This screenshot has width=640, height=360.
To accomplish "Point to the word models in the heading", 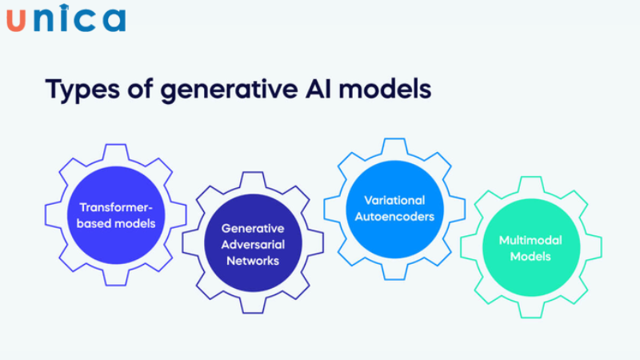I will tap(390, 89).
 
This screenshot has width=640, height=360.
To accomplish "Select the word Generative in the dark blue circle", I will tap(252, 229).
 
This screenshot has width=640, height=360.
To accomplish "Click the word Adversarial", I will tap(252, 244).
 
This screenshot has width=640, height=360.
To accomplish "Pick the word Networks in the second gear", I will tap(252, 260).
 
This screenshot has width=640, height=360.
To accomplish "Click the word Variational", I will tap(394, 200).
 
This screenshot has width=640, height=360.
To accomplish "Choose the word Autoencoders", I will tap(394, 216).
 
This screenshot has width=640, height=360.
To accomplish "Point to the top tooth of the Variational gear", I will tap(394, 145).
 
